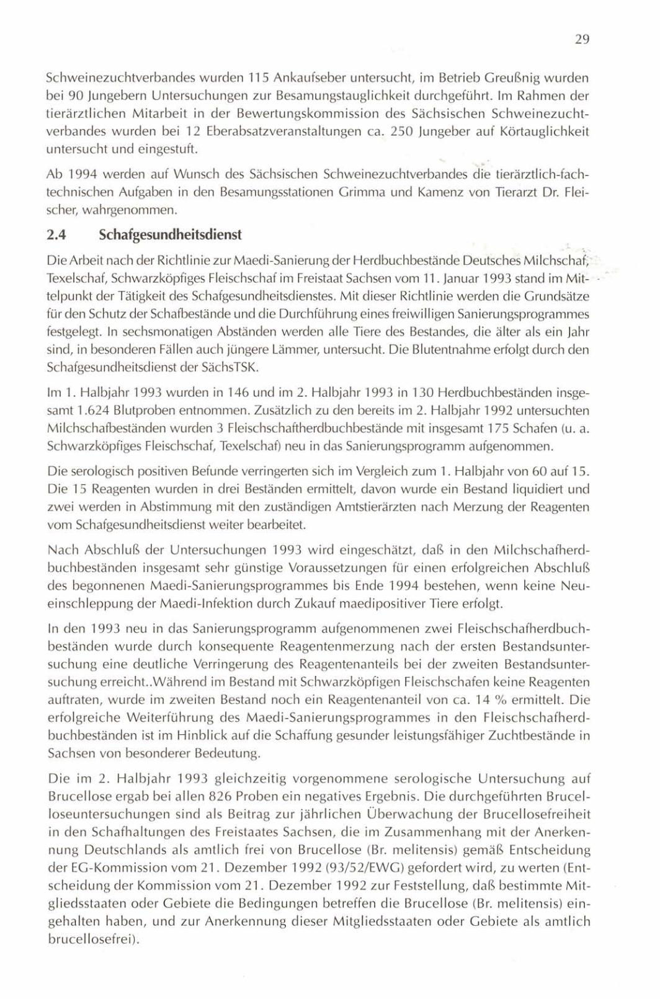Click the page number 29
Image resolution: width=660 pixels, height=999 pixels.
pos(581,40)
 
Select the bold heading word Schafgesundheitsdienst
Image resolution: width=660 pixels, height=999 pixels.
pos(169,236)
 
